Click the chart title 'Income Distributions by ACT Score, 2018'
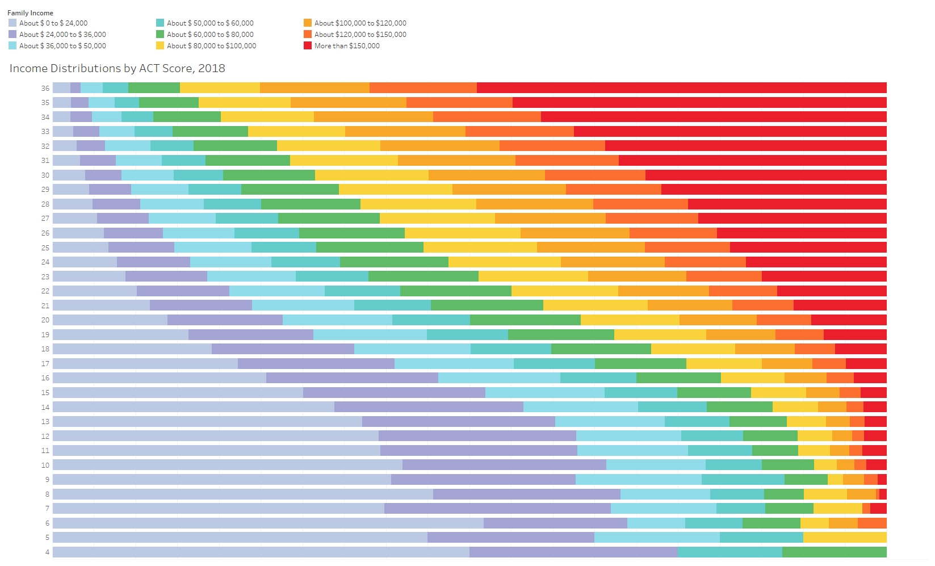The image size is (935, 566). (x=117, y=69)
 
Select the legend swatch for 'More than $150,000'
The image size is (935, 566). (x=308, y=46)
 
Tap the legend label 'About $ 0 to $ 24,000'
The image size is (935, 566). (x=53, y=23)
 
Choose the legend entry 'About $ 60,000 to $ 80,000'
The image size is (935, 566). (x=210, y=35)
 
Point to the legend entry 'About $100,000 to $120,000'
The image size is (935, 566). (x=360, y=23)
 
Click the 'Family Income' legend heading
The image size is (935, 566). (x=30, y=13)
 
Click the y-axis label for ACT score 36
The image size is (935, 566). (x=45, y=88)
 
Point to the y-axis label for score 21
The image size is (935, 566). (x=45, y=305)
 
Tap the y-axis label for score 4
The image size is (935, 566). (x=47, y=552)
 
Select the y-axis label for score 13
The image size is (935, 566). (x=45, y=422)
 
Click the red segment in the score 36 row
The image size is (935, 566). (x=681, y=87)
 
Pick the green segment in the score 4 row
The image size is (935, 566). (x=834, y=552)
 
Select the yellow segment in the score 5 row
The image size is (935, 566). (x=845, y=537)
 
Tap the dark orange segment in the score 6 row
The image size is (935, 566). (x=872, y=523)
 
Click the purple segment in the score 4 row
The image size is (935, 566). (x=573, y=552)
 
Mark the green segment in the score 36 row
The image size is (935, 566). (x=154, y=87)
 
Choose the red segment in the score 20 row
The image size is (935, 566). (x=849, y=320)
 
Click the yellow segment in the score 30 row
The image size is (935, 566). (x=372, y=175)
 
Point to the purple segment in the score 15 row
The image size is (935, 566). (x=394, y=392)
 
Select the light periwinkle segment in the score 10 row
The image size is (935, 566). (x=227, y=465)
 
